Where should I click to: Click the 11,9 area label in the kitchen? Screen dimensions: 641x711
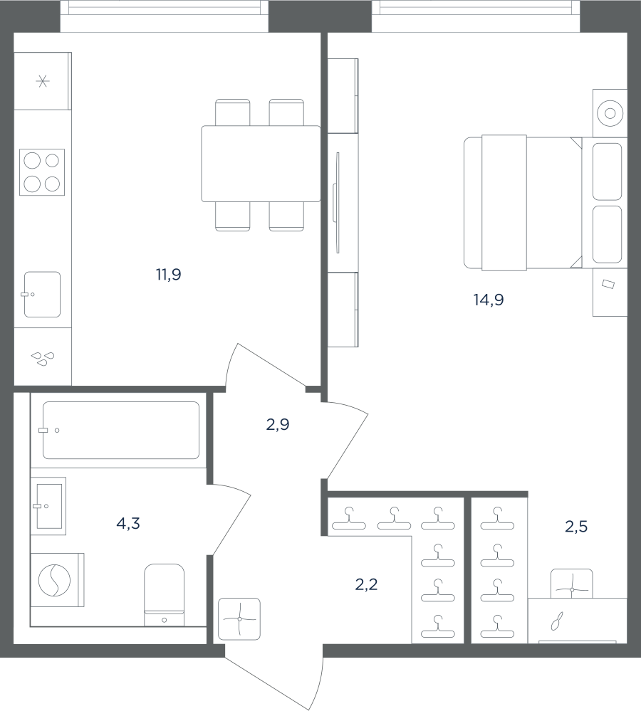pyautogui.click(x=169, y=274)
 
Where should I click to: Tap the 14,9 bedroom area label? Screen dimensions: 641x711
pyautogui.click(x=489, y=300)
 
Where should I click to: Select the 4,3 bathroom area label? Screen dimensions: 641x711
pyautogui.click(x=128, y=524)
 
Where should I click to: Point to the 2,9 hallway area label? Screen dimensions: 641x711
pyautogui.click(x=278, y=424)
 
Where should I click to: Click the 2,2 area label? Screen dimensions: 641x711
pyautogui.click(x=366, y=584)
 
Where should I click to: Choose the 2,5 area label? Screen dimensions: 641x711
pyautogui.click(x=576, y=527)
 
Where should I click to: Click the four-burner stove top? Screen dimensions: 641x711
pyautogui.click(x=42, y=172)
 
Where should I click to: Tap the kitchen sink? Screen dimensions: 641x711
pyautogui.click(x=42, y=294)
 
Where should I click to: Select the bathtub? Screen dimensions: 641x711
pyautogui.click(x=120, y=430)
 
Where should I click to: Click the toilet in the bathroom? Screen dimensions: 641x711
pyautogui.click(x=165, y=595)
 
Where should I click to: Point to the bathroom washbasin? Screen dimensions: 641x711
pyautogui.click(x=48, y=506)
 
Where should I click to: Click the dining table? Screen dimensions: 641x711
pyautogui.click(x=261, y=164)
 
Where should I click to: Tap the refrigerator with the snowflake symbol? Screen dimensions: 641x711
pyautogui.click(x=43, y=81)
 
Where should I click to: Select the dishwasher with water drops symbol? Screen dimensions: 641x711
pyautogui.click(x=43, y=357)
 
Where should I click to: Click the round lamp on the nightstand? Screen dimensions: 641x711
pyautogui.click(x=610, y=113)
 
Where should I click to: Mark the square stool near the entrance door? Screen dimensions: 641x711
pyautogui.click(x=239, y=619)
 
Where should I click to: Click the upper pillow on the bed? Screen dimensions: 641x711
pyautogui.click(x=607, y=172)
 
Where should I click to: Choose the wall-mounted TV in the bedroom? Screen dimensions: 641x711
pyautogui.click(x=338, y=203)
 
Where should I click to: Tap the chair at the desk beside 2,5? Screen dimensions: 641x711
pyautogui.click(x=572, y=584)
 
